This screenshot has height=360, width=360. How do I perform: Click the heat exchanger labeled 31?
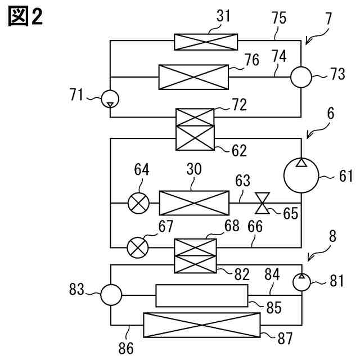pos(206,42)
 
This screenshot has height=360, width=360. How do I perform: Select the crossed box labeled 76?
pos(193,77)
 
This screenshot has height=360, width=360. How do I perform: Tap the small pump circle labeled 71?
pos(110,99)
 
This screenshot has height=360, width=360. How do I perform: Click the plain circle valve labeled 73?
pos(301,77)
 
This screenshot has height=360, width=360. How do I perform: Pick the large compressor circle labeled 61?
pos(301,175)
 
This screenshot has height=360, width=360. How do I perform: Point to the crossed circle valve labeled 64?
pos(138,203)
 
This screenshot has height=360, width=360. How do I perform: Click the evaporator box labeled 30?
pos(194,203)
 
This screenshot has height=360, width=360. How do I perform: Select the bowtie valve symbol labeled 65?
pos(263,203)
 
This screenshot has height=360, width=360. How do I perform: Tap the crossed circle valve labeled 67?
pos(137,247)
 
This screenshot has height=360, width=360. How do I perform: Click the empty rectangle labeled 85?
pos(202,296)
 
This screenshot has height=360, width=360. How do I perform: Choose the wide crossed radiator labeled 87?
pos(202,325)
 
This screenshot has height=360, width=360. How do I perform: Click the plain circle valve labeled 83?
pos(111,295)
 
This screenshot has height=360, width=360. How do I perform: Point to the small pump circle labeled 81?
pos(301,282)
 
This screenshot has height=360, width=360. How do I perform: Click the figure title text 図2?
pos(25,16)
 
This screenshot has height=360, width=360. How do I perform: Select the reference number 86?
pos(126,348)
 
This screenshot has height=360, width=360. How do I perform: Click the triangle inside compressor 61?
pos(301,163)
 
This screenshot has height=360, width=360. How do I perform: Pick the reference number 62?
pos(239,151)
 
